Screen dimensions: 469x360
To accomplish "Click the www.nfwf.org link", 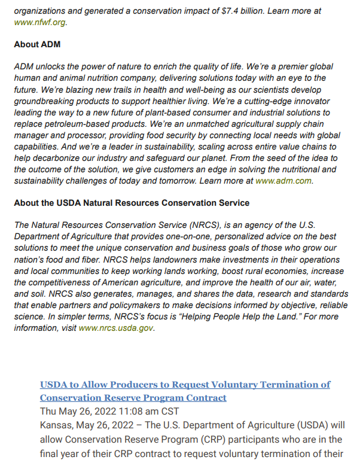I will click(39, 22).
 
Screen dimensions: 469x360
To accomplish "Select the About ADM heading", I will click(37, 45).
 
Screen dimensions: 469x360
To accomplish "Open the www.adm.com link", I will click(283, 181).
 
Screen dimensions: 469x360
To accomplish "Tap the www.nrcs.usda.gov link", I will click(116, 328).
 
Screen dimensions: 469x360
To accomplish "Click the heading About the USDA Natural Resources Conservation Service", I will click(132, 203).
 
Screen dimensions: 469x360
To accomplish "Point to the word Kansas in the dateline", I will click(56, 425).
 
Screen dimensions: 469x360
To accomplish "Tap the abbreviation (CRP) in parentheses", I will click(218, 440).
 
